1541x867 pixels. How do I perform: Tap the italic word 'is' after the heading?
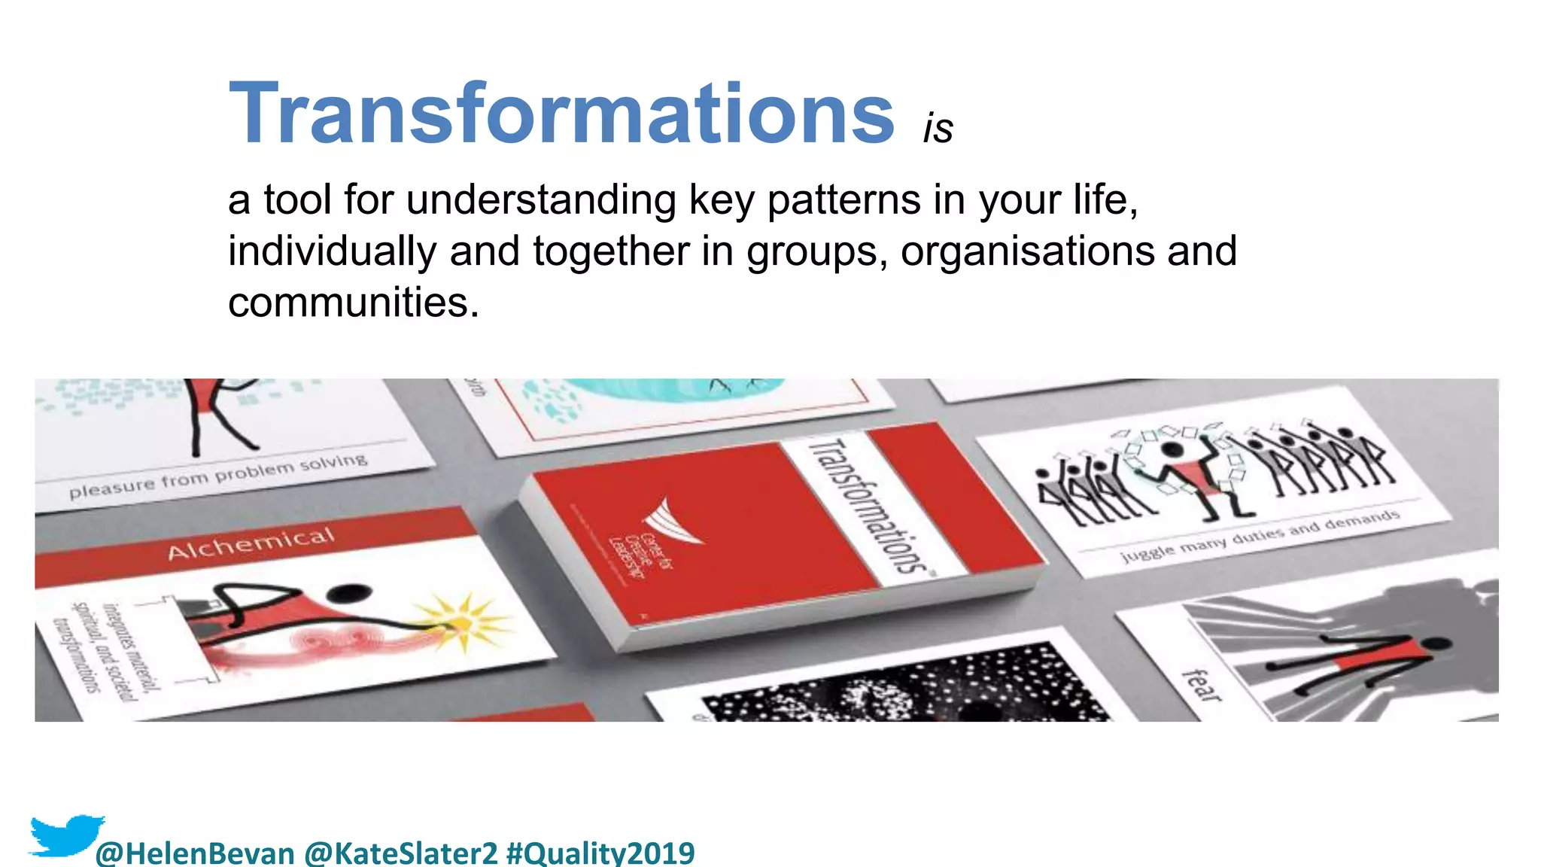pyautogui.click(x=938, y=129)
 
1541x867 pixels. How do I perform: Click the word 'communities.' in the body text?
pyautogui.click(x=353, y=303)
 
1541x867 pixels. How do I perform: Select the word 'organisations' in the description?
pyautogui.click(x=1027, y=251)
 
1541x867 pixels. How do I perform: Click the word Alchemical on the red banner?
pyautogui.click(x=251, y=543)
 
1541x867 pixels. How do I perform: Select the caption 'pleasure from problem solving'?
pyautogui.click(x=218, y=476)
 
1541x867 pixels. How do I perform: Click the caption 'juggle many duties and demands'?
pyautogui.click(x=1260, y=535)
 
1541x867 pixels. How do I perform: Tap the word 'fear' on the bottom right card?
pyautogui.click(x=1202, y=685)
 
